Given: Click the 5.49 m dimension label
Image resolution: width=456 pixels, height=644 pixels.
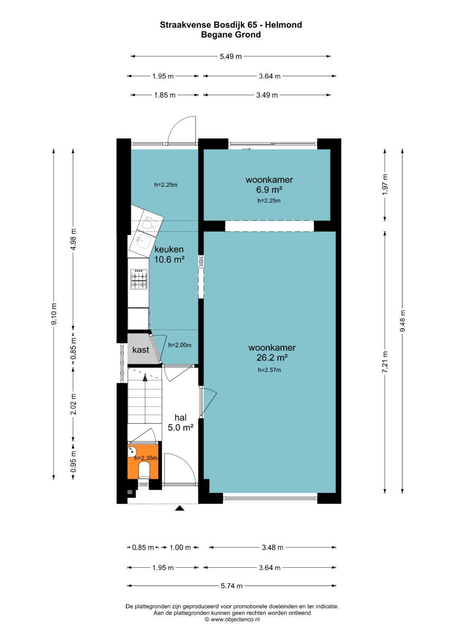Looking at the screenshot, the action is (x=231, y=57).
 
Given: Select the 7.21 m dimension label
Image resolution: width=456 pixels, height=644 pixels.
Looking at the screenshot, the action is (x=385, y=362).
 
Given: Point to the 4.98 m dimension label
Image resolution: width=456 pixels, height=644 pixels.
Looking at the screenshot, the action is (x=73, y=239).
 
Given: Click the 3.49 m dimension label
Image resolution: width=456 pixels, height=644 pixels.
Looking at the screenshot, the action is (x=267, y=95).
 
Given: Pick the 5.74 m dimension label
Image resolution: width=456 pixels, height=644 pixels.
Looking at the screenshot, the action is (x=231, y=586).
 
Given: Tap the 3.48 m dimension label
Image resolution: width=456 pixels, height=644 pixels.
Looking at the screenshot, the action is (x=272, y=547).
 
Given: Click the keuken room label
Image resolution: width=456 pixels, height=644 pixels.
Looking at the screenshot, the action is (x=169, y=249).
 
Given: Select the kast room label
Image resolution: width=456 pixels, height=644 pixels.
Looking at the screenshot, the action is (x=141, y=350).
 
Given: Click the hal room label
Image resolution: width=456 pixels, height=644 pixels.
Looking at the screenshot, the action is (x=181, y=418).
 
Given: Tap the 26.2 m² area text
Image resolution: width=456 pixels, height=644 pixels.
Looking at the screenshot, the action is (x=272, y=358).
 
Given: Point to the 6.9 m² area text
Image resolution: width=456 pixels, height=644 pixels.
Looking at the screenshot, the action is (x=269, y=190).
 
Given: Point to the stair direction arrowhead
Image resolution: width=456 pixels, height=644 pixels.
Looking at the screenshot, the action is (x=145, y=378).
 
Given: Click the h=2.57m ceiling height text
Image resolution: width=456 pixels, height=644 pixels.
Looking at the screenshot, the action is (x=269, y=370).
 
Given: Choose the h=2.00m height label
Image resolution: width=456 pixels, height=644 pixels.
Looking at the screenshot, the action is (x=179, y=345).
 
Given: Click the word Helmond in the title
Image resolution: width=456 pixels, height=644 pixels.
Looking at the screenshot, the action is (x=283, y=25).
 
